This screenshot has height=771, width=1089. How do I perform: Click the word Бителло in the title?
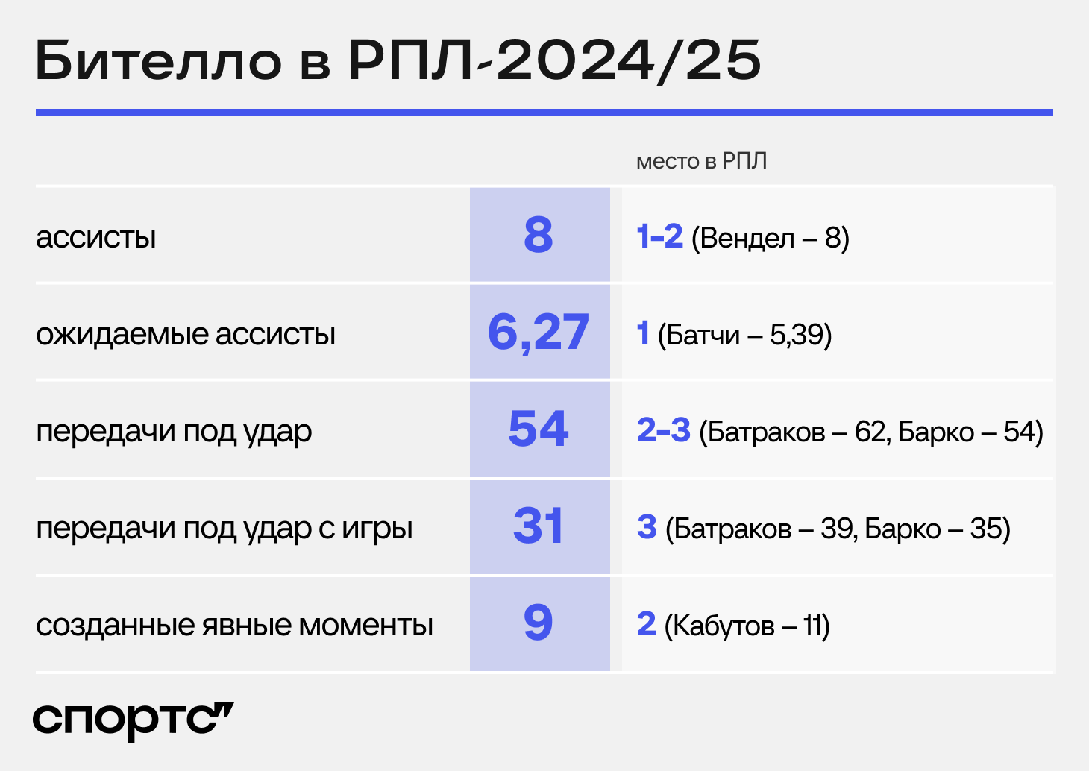[158, 60]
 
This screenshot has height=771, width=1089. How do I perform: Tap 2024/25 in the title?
[629, 61]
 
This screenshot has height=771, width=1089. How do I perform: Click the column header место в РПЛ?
[701, 161]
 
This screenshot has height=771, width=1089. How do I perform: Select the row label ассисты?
[95, 238]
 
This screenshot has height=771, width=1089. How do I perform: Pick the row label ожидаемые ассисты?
[186, 335]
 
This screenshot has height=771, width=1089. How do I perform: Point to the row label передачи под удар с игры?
[224, 529]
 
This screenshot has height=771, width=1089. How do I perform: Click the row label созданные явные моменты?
[234, 625]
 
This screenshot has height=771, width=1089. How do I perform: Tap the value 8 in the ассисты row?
[539, 236]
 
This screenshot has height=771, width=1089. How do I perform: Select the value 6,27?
[539, 333]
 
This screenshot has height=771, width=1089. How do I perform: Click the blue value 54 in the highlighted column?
[539, 429]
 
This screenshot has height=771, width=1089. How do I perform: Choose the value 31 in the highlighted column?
[539, 526]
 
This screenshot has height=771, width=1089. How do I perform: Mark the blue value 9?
[539, 623]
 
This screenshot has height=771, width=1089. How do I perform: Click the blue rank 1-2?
[659, 236]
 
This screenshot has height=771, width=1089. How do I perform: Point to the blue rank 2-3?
[664, 430]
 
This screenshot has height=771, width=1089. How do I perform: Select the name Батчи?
[703, 335]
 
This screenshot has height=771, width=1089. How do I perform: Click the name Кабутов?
[724, 626]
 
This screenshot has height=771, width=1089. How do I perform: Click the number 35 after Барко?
[985, 529]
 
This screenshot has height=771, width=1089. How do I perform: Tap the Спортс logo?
[133, 722]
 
